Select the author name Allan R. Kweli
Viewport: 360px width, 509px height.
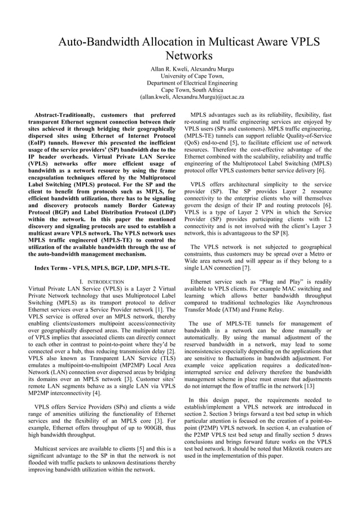pos(169,68)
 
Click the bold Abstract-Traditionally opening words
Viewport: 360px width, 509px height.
pos(67,115)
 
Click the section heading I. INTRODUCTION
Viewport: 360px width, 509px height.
pos(102,282)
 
